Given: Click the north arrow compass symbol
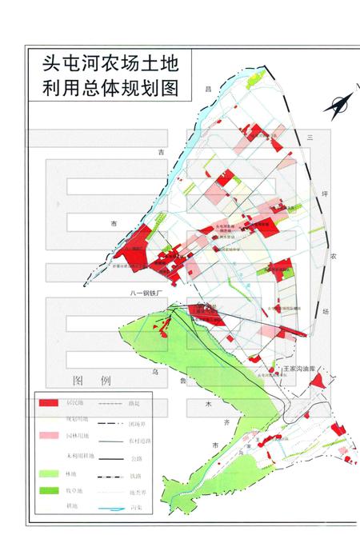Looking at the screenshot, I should click(x=338, y=105).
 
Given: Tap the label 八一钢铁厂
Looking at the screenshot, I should click(x=145, y=293).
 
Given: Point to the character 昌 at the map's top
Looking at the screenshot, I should click(x=209, y=88).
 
